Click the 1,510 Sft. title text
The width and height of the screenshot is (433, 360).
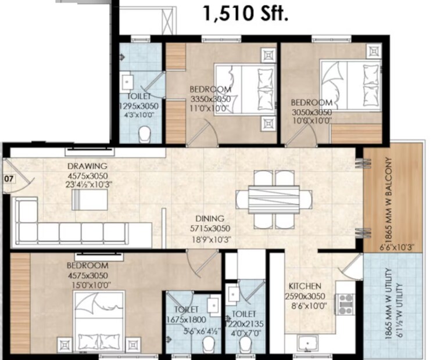pyautogui.click(x=245, y=13)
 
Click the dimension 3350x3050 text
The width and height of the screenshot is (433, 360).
pyautogui.click(x=210, y=99)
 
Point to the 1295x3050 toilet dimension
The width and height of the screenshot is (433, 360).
pyautogui.click(x=139, y=106)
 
